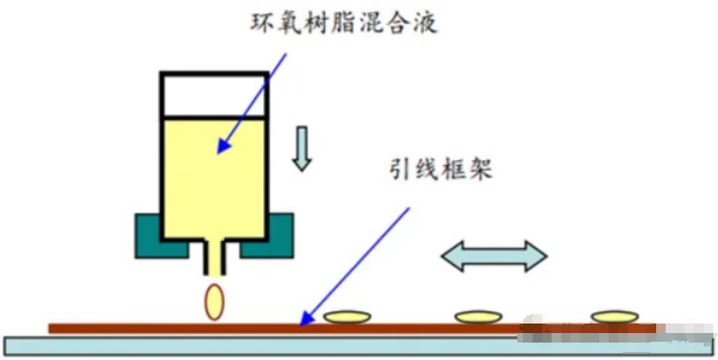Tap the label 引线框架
tap(441, 168)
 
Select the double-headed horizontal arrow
tap(494, 256)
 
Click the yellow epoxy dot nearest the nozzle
tap(347, 317)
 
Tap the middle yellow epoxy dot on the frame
tap(478, 316)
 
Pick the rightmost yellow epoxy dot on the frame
tap(614, 316)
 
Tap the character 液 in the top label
tap(426, 21)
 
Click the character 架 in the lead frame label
tap(481, 168)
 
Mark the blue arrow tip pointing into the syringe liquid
tap(220, 151)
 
